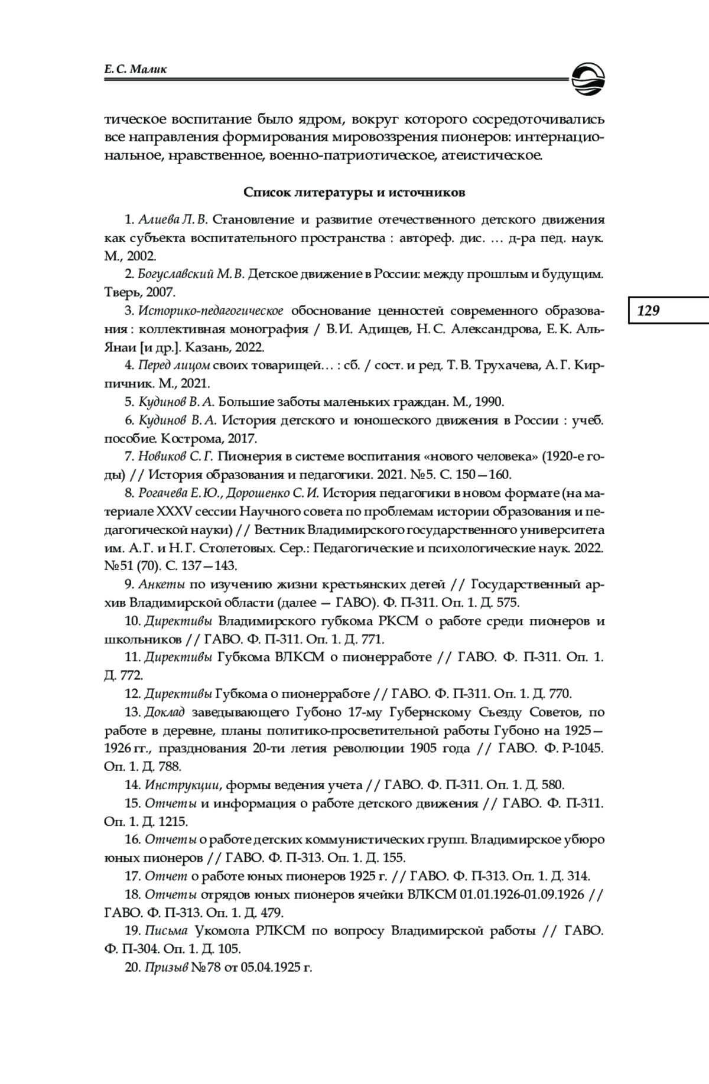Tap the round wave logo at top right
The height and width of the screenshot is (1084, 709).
[x=588, y=77]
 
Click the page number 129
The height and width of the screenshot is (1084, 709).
[x=648, y=310]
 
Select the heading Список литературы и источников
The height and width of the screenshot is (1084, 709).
[x=354, y=193]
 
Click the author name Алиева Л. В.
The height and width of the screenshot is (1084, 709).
[x=173, y=220]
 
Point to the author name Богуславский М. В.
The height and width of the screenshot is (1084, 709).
[x=190, y=274]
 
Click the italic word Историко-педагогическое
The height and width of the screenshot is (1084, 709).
[x=211, y=311]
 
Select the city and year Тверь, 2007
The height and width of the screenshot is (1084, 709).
[x=140, y=292]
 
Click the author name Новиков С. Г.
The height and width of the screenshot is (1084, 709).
[x=175, y=456]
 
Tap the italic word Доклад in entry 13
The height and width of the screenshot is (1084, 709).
[x=165, y=712]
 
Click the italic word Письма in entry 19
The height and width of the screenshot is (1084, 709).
[x=166, y=930]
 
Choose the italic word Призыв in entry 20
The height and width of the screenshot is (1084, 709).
[x=166, y=967]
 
